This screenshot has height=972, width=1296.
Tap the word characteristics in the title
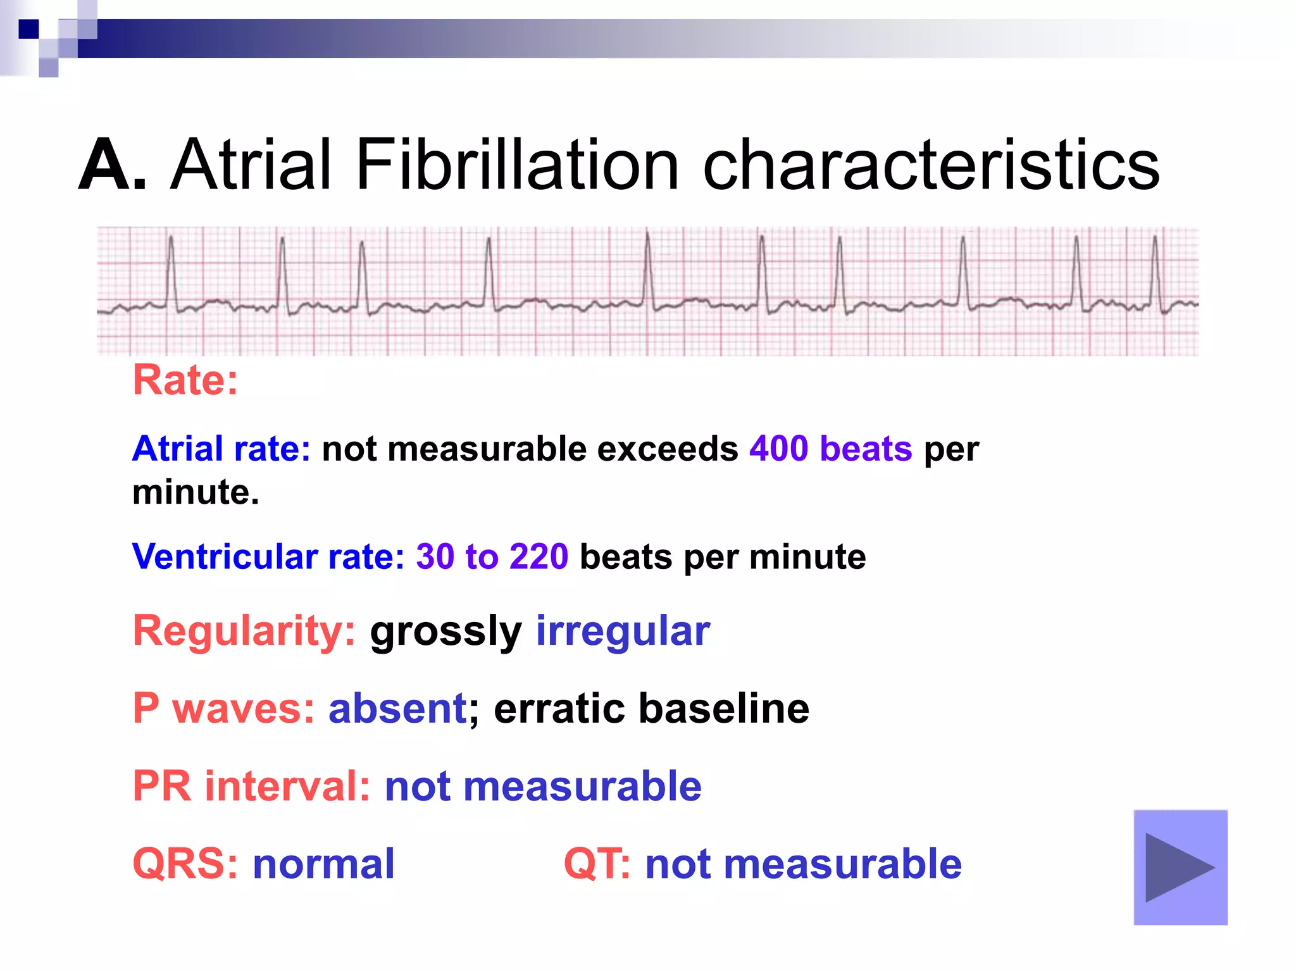931,166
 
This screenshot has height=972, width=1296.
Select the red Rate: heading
185,380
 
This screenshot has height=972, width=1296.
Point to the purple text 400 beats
830,449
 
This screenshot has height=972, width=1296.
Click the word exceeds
667,449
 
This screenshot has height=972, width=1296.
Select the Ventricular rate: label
268,557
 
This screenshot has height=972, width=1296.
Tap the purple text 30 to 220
492,557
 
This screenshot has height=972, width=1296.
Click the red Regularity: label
244,631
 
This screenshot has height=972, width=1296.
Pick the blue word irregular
623,631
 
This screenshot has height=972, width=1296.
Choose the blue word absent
397,708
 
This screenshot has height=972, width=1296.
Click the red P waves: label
223,708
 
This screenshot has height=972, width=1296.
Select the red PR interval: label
251,786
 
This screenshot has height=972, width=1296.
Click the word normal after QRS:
323,864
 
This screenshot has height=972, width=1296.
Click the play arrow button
1180,868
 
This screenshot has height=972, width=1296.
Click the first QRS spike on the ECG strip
171,272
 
